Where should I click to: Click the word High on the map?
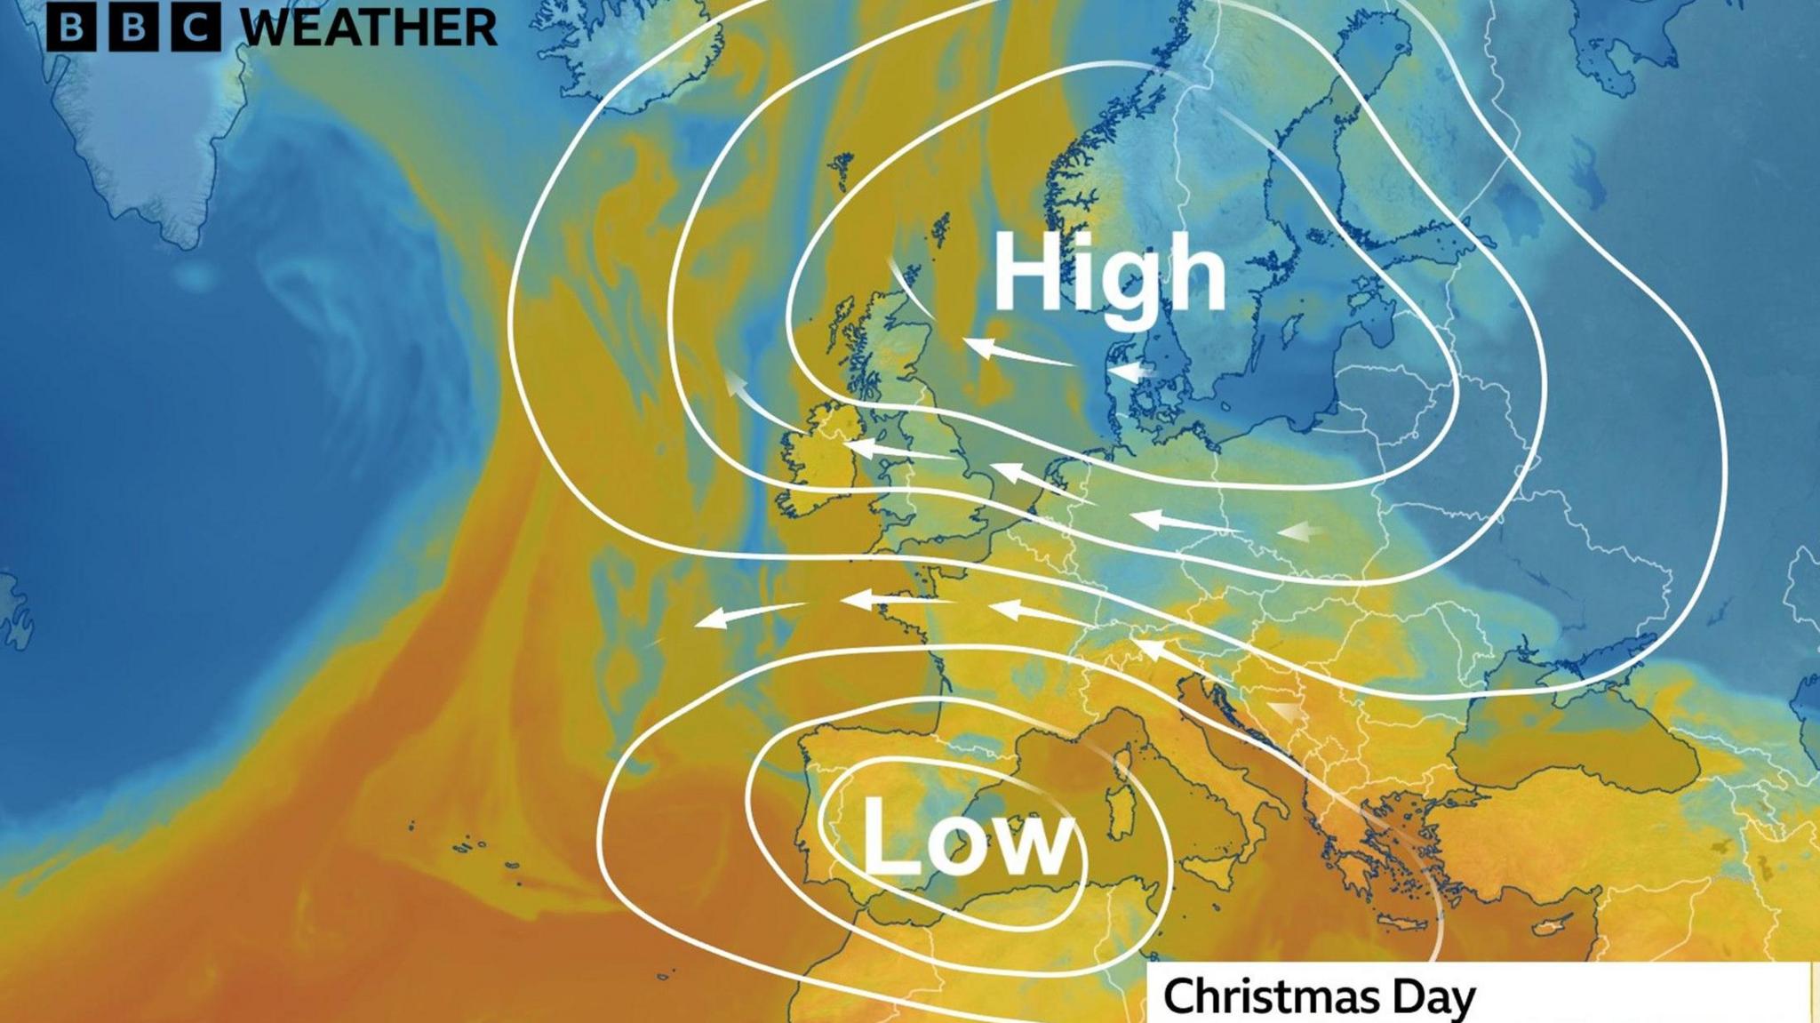1108,274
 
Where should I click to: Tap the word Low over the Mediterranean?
968,836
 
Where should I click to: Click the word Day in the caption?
1433,997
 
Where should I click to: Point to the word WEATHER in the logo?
369,28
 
